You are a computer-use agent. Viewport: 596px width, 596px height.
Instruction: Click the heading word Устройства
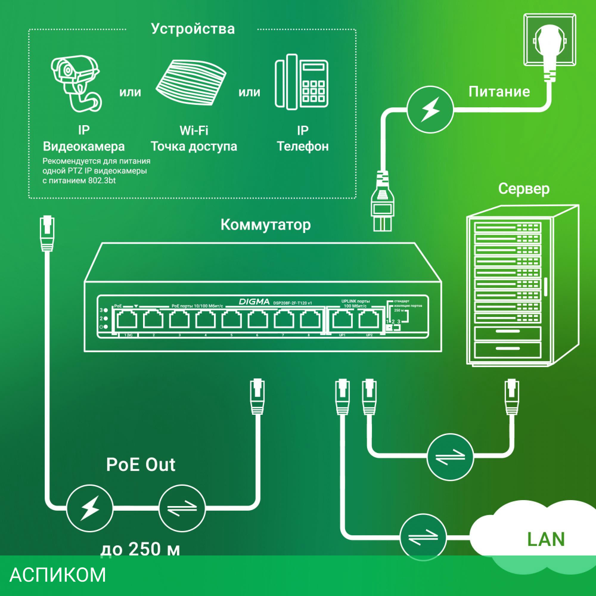[x=193, y=29]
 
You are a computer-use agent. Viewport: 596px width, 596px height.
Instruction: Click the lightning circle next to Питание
[x=431, y=110]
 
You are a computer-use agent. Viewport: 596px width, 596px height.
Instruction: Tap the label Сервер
[x=524, y=190]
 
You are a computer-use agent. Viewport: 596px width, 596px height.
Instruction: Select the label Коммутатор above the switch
[x=265, y=225]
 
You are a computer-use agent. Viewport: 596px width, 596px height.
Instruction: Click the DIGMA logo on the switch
[x=254, y=302]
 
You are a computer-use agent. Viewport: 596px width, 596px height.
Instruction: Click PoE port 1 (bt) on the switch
[x=127, y=320]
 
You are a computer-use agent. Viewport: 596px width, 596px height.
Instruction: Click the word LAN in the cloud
[x=545, y=539]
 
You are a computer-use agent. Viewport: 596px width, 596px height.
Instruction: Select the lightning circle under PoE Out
[x=90, y=508]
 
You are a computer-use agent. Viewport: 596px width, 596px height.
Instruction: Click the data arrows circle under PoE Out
[x=182, y=508]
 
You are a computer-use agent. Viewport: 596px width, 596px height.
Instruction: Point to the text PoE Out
[x=141, y=465]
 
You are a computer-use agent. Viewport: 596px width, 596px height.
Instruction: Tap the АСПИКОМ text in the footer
[x=58, y=575]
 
